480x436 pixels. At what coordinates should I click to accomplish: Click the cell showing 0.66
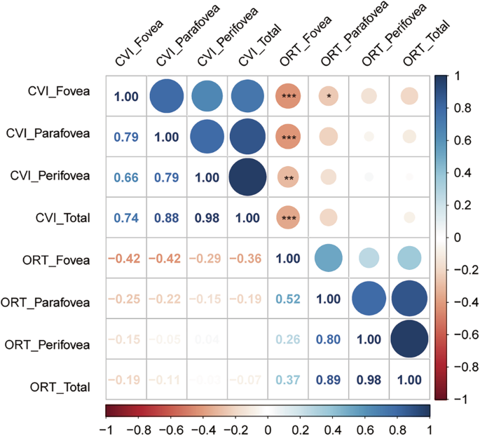[125, 177]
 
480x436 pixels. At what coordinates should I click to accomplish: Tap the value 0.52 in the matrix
[288, 299]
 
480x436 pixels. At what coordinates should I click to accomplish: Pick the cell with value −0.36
[247, 259]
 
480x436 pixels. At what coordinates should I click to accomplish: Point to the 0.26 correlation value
[288, 340]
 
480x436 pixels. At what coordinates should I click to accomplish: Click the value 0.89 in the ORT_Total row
[329, 381]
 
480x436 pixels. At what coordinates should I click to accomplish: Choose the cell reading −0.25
[125, 299]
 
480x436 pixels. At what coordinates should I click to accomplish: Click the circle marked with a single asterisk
[329, 96]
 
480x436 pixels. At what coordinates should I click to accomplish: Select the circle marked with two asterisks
[288, 177]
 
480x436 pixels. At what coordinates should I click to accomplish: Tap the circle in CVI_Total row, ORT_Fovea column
[288, 218]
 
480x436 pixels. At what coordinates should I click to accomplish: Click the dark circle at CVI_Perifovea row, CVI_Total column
[247, 177]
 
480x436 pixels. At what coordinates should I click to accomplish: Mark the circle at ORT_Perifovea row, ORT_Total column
[410, 340]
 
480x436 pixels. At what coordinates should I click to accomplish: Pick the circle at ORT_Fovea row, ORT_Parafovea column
[329, 259]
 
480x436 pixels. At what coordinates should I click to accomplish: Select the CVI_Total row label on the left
[64, 218]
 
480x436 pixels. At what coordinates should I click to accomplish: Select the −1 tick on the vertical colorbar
[456, 399]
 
